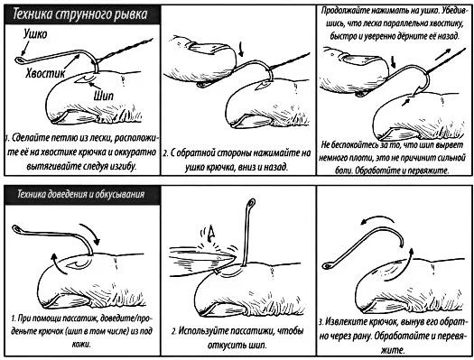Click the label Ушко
tap(36, 34)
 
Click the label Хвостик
tap(45, 74)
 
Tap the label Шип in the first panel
tap(104, 96)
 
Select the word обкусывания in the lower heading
tap(120, 194)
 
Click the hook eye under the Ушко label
tap(20, 60)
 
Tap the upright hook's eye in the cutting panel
tap(251, 202)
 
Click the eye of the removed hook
tap(328, 266)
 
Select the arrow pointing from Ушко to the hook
tap(24, 48)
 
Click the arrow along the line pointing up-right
tap(443, 54)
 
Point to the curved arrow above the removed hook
tap(377, 219)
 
